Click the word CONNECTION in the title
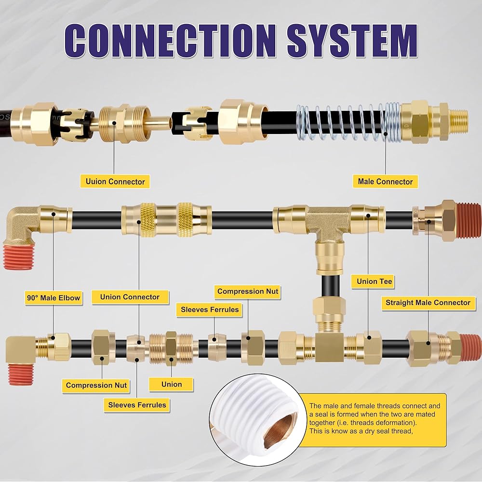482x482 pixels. tap(170, 40)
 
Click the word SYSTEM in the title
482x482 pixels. tap(352, 40)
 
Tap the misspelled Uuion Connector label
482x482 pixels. tap(115, 181)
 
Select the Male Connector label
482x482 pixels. tap(385, 181)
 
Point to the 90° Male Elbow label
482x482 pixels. tap(54, 297)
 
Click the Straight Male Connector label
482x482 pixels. tap(428, 303)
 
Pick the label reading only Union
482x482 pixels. tap(171, 384)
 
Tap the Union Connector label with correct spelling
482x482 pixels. tap(130, 297)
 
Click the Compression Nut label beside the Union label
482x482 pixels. tap(96, 385)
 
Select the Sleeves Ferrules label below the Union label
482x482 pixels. tap(137, 405)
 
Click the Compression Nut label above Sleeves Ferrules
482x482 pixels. tap(247, 291)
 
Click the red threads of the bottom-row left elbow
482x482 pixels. tap(20, 374)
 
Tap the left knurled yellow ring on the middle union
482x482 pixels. tap(147, 219)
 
